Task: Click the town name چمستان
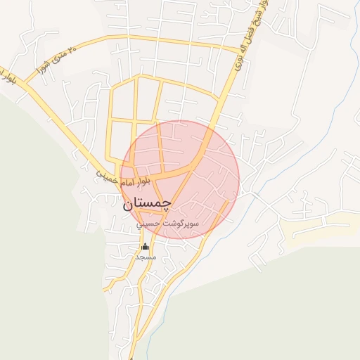coord(146,205)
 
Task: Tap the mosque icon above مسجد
coord(146,246)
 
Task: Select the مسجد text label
coord(146,257)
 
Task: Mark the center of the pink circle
coord(179,179)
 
